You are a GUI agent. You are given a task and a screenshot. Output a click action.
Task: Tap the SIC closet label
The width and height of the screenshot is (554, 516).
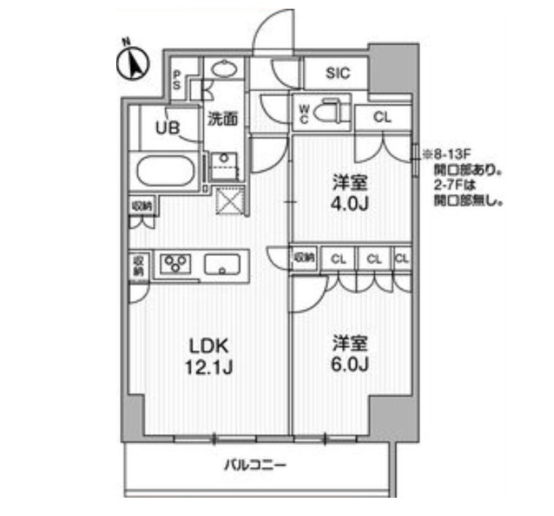click(x=338, y=73)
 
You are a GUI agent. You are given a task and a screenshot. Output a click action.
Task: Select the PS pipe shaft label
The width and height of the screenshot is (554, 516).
click(x=177, y=79)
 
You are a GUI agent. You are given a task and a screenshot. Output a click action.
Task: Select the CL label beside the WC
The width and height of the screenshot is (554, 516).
click(x=382, y=115)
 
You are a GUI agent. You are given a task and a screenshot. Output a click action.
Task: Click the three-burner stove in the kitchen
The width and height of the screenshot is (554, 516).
click(x=176, y=263)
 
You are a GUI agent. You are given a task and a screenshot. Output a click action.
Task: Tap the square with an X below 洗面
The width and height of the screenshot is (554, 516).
click(x=229, y=199)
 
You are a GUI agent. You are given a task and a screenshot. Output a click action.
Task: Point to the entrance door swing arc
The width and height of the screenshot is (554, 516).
click(x=276, y=33)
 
